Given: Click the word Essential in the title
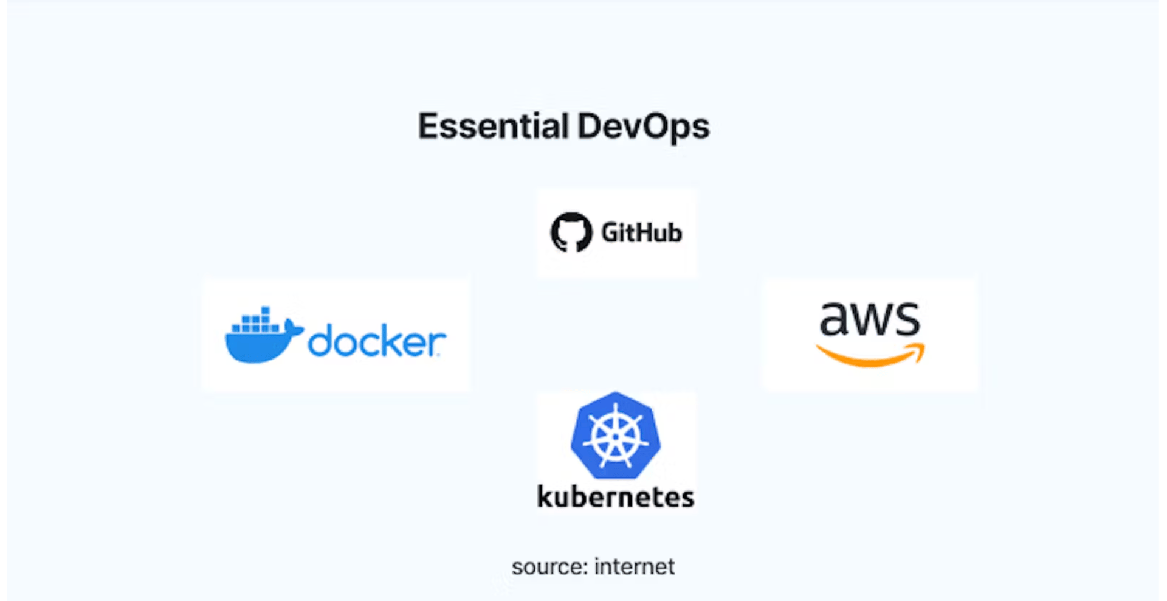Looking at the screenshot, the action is coord(493,127).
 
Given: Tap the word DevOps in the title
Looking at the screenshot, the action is coord(643,127).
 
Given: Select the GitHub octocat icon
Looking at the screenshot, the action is coord(571,232).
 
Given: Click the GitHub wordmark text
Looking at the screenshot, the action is coord(641,232).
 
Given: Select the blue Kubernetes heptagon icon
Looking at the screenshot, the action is coord(615,436).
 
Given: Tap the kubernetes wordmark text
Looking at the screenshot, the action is coord(615,497).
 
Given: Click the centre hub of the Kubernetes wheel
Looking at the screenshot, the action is coord(615,437).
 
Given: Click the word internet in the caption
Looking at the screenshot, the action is coord(634,567).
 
